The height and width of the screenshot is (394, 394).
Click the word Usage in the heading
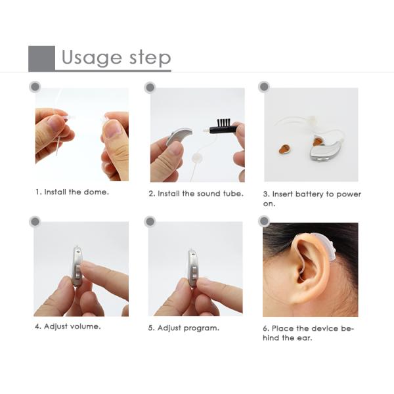pos(91,58)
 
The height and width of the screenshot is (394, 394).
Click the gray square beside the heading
pos(41,58)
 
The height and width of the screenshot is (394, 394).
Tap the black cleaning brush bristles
pos(223,122)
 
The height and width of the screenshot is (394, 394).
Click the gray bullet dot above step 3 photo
pos(264,87)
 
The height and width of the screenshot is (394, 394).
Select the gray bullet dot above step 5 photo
pos(150,222)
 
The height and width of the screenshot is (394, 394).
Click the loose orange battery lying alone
pos(285,149)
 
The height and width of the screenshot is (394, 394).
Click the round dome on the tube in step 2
pos(196,159)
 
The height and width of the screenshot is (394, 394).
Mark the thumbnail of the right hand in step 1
pos(112,129)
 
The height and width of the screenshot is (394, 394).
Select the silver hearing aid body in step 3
pos(324,151)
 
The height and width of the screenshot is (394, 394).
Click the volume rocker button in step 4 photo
pos(77,272)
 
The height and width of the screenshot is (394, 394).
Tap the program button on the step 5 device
pos(194,273)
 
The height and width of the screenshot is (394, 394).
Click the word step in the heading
pos(150,58)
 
